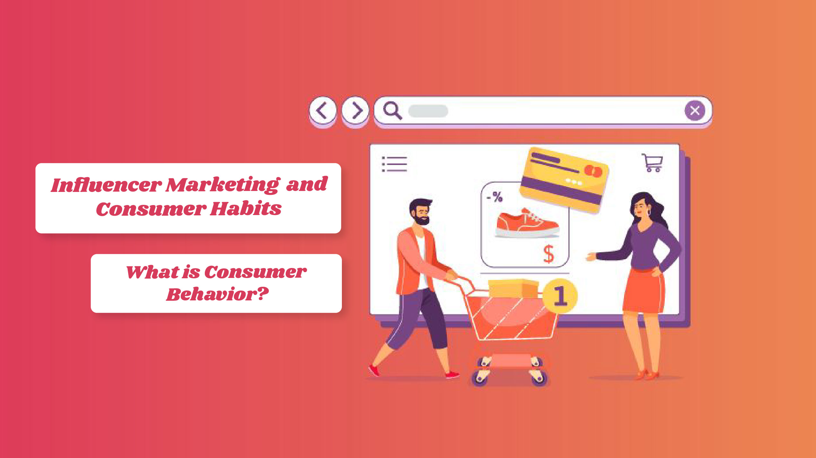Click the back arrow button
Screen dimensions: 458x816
(323, 111)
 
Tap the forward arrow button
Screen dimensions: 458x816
(355, 111)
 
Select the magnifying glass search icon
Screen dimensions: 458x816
(392, 111)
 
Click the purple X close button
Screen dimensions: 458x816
(695, 111)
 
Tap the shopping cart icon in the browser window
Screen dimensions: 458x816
(652, 163)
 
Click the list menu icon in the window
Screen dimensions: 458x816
(395, 164)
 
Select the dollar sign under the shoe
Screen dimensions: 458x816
(549, 254)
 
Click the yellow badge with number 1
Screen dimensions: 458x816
(560, 296)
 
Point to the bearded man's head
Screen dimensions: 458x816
(420, 212)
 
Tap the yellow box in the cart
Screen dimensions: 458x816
(513, 289)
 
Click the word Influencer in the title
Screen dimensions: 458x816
(106, 185)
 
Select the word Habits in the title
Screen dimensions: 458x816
(246, 209)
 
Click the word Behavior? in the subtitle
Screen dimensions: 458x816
(217, 294)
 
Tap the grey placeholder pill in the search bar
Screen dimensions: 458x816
(428, 111)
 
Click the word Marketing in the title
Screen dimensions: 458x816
(222, 185)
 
